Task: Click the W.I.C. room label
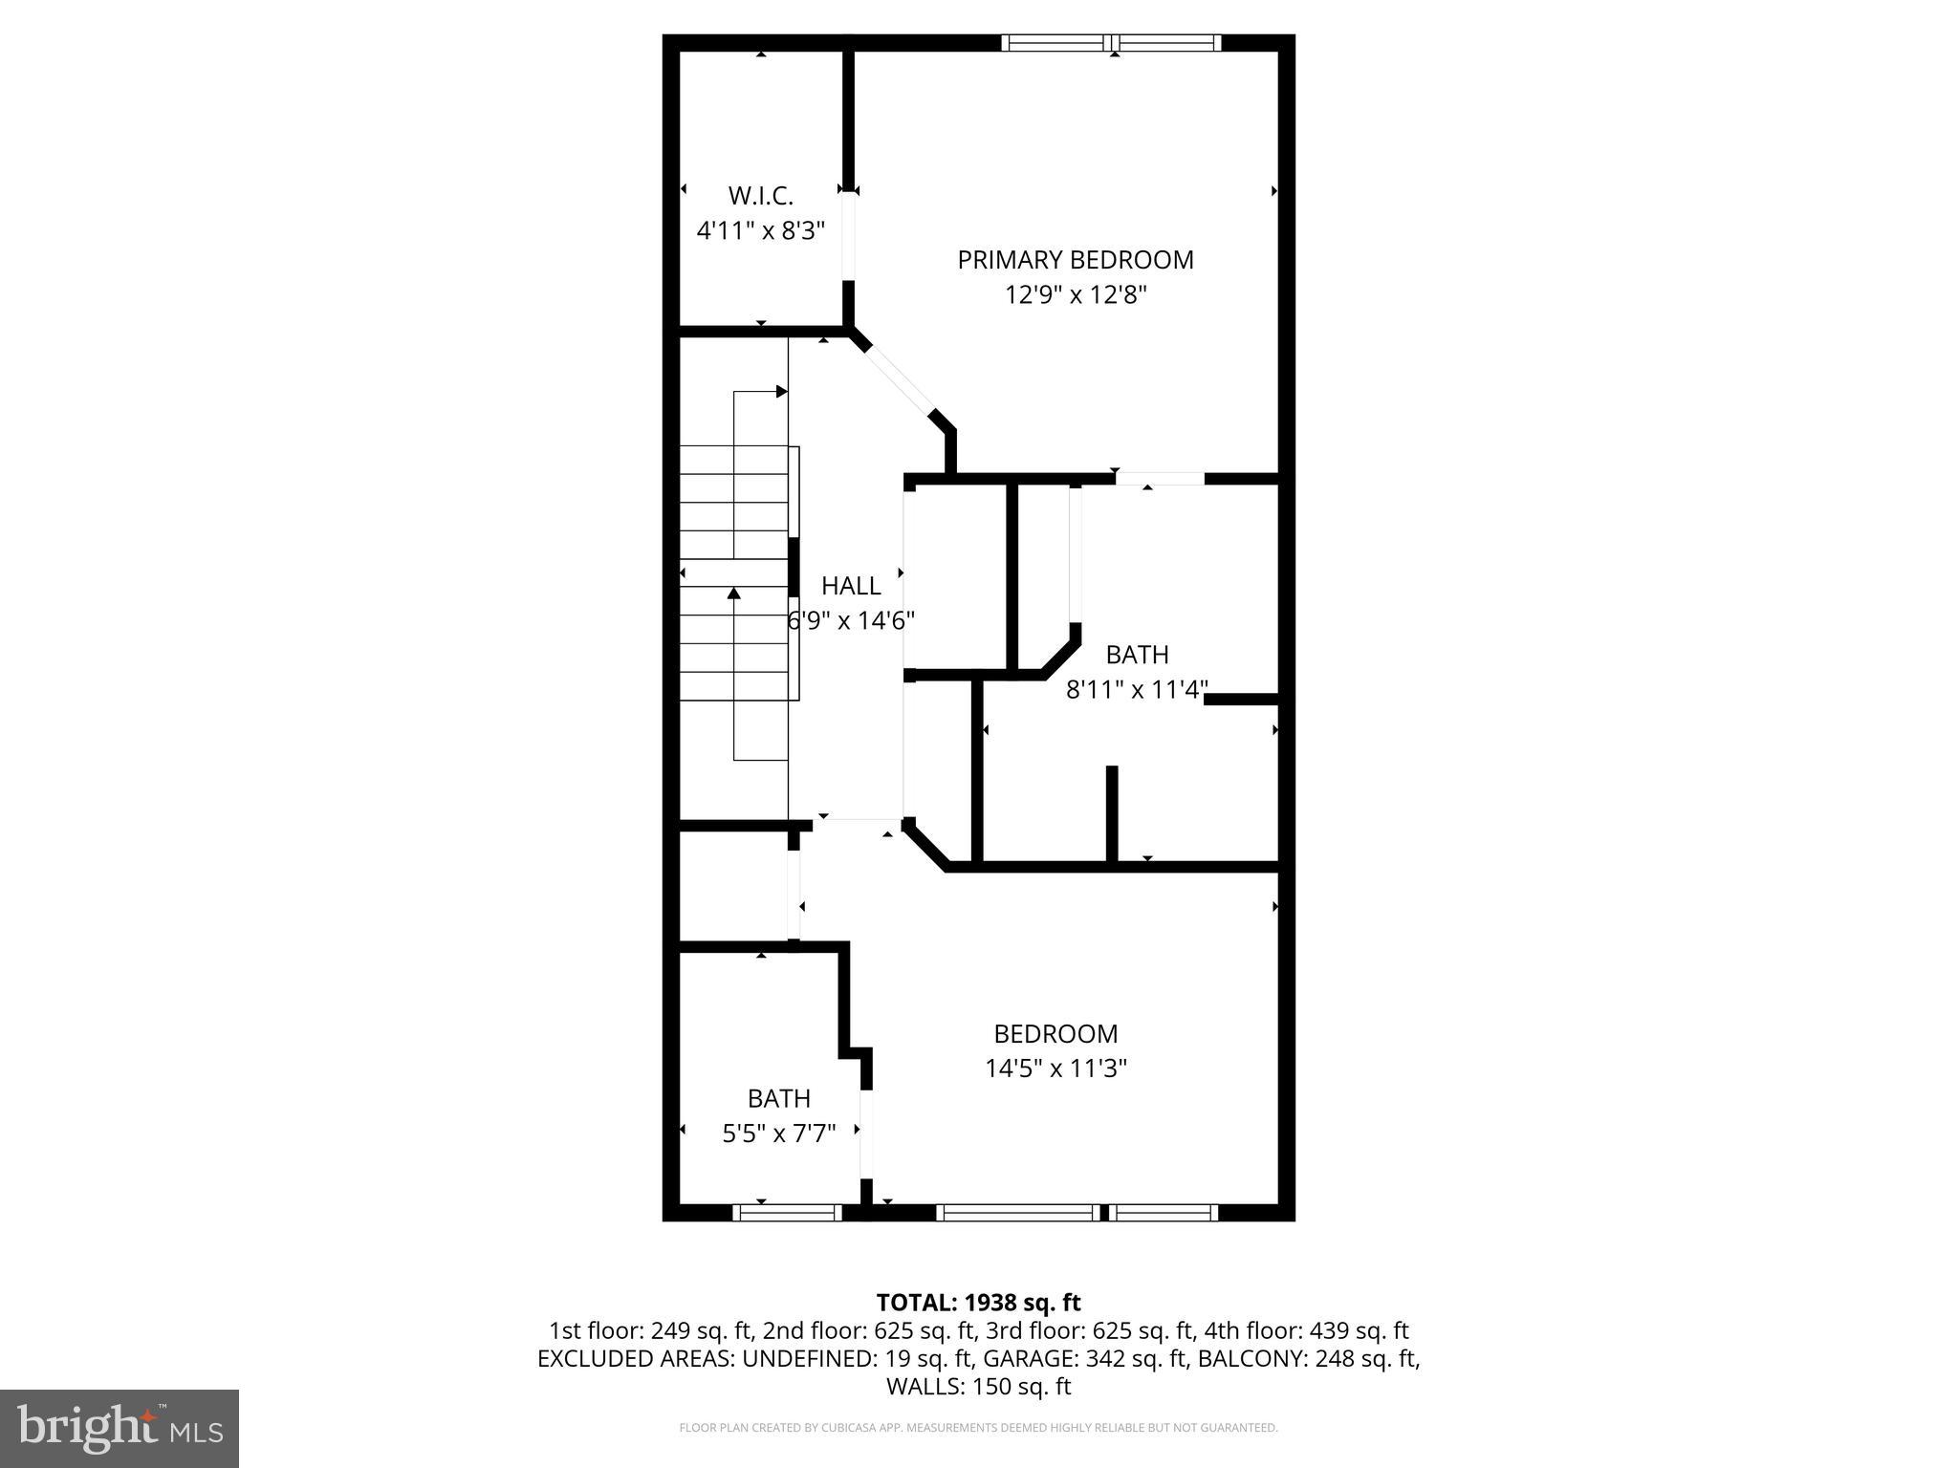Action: (760, 196)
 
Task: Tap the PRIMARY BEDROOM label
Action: (1075, 260)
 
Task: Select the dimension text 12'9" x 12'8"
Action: (1075, 294)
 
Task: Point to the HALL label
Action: (850, 586)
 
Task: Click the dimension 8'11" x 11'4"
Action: (1137, 689)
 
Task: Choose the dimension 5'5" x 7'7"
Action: (778, 1133)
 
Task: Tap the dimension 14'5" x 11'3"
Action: (1055, 1068)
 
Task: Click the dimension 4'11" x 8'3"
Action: (760, 230)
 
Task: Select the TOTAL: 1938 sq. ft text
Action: (978, 1303)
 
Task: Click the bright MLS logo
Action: (119, 1429)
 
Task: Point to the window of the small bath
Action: (787, 1212)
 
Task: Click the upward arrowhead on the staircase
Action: (734, 594)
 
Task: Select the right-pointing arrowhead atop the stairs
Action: (781, 391)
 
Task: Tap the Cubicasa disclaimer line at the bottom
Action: (978, 1428)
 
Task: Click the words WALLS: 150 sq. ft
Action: (978, 1386)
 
